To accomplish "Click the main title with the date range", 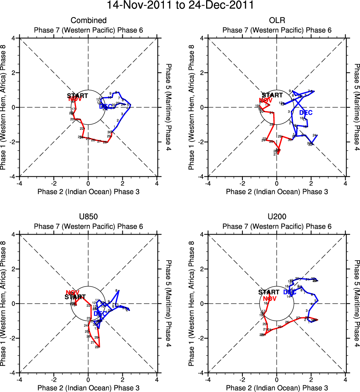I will [180, 6].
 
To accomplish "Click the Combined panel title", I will [89, 20].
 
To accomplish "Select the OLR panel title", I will [277, 20].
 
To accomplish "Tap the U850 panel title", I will [89, 217].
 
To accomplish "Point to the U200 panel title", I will [277, 217].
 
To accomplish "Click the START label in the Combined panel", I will [77, 96].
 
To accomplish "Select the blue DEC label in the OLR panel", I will [305, 112].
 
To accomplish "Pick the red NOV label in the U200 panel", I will [270, 298].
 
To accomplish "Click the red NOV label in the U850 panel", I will [73, 293].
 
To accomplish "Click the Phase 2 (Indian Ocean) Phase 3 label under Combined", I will [89, 192].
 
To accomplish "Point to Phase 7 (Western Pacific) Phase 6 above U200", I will [277, 226].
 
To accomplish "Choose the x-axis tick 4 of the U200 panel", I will [345, 380].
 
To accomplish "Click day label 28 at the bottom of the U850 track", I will [97, 347].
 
